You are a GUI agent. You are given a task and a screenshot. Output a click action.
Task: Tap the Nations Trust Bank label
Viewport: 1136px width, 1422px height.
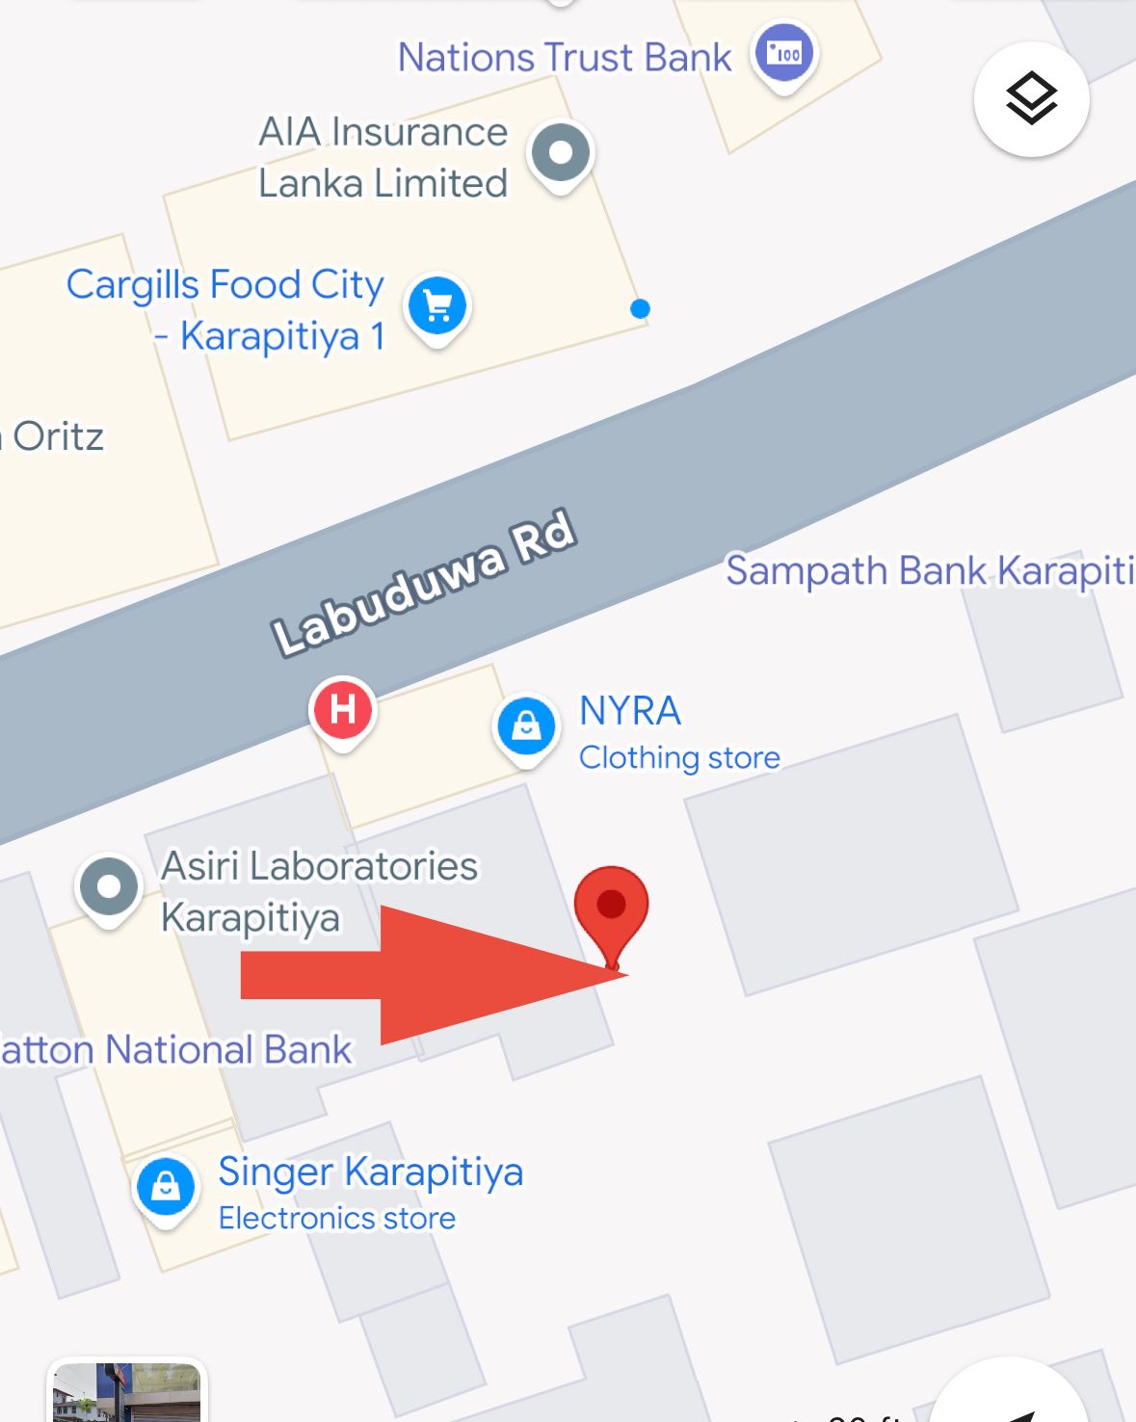(565, 58)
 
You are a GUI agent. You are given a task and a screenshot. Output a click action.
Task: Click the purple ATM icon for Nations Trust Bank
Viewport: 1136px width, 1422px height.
(784, 54)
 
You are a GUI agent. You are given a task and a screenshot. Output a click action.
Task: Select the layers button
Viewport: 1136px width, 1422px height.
(1031, 98)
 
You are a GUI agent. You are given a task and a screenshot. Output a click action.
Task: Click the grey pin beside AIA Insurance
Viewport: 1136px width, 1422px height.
(561, 152)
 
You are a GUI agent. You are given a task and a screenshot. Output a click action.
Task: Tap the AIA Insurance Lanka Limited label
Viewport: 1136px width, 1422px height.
(383, 157)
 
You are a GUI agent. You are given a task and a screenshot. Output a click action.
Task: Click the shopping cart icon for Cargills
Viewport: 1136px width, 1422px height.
(437, 306)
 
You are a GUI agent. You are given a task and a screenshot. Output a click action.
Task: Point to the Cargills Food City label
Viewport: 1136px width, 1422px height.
(225, 309)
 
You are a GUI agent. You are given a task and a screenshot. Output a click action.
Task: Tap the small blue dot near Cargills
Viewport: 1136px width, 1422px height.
(640, 308)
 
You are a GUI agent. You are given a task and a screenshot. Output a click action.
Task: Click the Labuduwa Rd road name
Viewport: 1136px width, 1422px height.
(424, 584)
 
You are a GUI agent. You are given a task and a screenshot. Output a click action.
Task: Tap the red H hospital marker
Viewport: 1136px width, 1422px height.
(343, 709)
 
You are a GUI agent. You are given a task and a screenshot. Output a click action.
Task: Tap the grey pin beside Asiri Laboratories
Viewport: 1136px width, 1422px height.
(109, 886)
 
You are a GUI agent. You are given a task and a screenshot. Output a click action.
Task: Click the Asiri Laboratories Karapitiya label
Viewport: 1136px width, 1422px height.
(319, 891)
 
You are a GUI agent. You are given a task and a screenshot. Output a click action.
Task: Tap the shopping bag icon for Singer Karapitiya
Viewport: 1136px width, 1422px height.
(166, 1187)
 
